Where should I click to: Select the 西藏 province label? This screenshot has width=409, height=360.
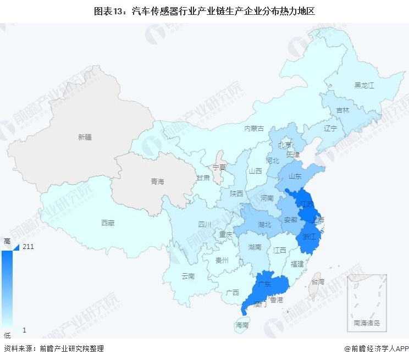(108, 223)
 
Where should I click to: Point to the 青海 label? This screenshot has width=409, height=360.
(157, 181)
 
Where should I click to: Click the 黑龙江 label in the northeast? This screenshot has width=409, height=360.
(364, 85)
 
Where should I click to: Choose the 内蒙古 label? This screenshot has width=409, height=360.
(254, 128)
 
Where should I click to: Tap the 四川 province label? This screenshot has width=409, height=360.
(204, 224)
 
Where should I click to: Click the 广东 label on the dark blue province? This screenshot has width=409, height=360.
(264, 284)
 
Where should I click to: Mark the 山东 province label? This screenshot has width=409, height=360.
(294, 176)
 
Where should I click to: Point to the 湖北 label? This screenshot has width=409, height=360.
(264, 224)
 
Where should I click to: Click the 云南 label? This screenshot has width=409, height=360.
(188, 276)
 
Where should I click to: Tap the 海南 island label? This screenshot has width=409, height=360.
(242, 325)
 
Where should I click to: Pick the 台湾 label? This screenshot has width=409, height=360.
(318, 281)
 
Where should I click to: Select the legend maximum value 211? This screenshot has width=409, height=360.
(29, 247)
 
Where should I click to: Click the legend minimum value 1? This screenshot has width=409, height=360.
(25, 330)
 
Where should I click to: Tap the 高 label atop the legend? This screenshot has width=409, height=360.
(7, 241)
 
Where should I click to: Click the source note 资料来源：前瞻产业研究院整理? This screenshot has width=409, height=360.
(53, 348)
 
